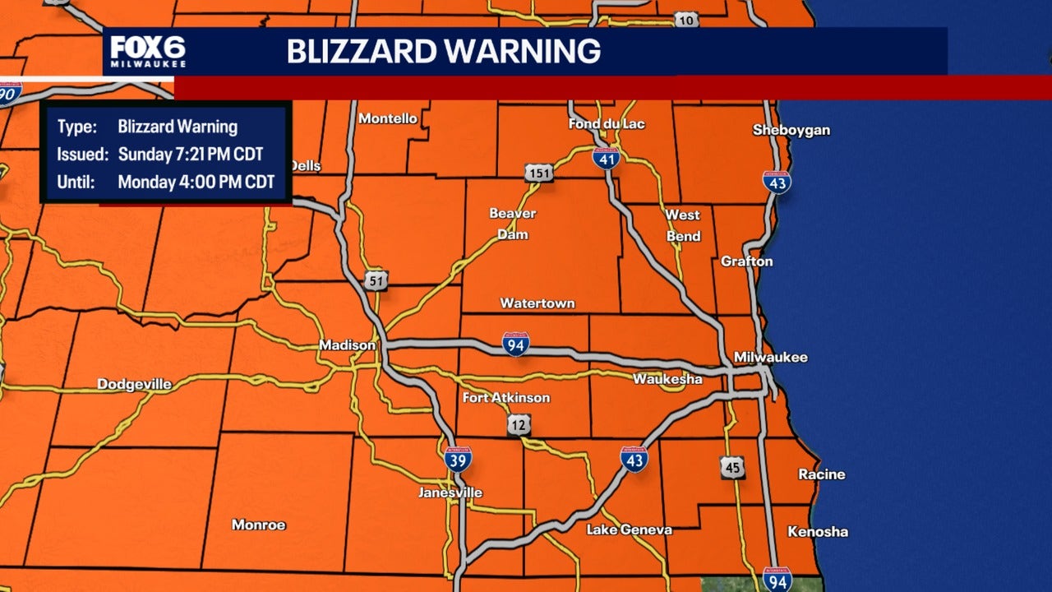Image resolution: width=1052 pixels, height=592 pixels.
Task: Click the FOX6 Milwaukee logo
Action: (149, 51)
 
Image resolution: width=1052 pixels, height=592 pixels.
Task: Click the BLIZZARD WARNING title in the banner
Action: (443, 51)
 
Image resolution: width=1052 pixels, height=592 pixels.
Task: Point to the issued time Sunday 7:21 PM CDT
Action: (191, 155)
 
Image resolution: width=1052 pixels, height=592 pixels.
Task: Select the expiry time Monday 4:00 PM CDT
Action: (196, 183)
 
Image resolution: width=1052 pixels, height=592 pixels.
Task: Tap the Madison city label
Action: (347, 345)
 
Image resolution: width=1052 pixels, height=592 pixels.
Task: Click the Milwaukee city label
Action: (770, 357)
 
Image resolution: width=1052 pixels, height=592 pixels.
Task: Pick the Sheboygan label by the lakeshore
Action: (791, 130)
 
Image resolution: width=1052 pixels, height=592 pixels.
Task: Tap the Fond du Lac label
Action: (607, 123)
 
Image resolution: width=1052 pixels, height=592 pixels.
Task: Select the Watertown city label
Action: (538, 303)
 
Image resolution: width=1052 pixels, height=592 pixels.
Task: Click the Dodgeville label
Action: (134, 384)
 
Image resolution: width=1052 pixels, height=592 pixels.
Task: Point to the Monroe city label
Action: (258, 525)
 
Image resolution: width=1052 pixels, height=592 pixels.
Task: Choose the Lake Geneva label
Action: (629, 530)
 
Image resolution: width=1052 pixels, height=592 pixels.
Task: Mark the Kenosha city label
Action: (817, 532)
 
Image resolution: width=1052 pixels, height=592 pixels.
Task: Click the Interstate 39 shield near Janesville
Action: (458, 459)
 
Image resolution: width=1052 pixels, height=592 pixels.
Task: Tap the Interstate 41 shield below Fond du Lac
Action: (606, 159)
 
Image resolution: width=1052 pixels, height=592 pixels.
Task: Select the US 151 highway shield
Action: (539, 173)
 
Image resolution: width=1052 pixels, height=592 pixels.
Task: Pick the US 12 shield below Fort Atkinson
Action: (518, 424)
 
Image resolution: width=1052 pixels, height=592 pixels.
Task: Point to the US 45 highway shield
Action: (732, 467)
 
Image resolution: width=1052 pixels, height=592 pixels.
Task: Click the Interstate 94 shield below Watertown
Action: (516, 344)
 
